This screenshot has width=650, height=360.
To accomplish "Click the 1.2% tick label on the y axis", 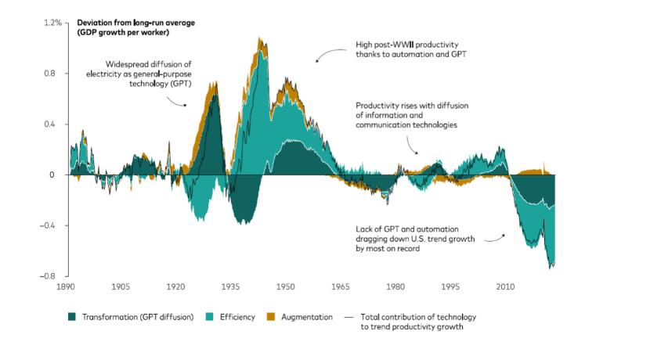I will pos(52,23).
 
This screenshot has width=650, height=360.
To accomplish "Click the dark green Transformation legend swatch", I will pos(73,318).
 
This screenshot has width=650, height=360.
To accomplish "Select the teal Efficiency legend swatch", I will pos(209,318).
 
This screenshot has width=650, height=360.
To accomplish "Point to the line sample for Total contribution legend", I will pos(346,318).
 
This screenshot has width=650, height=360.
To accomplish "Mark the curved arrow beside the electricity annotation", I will pos(177,99).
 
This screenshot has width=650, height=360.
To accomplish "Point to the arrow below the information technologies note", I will pos(410,143).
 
